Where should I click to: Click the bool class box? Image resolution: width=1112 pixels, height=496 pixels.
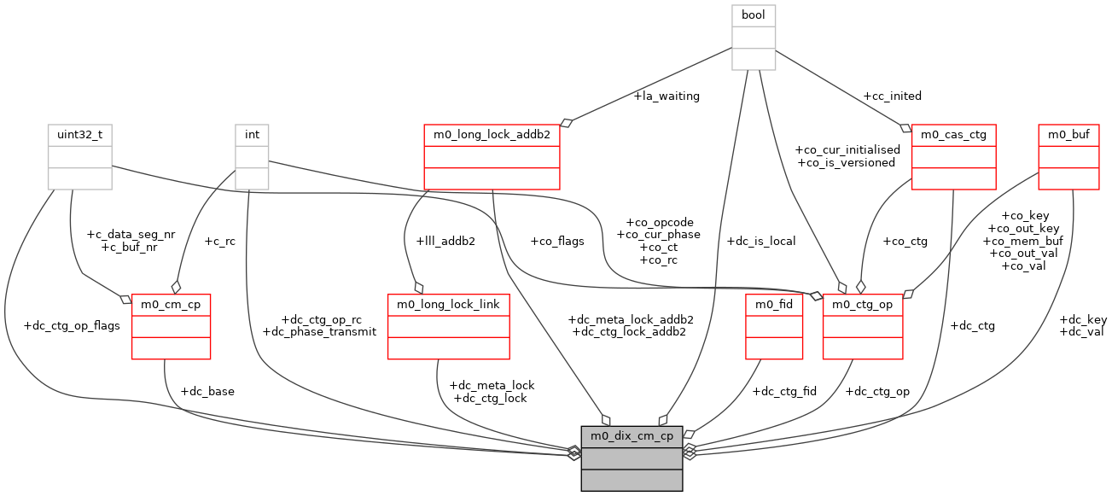[x=754, y=37]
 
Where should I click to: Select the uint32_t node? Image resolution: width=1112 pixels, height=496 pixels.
[x=79, y=157]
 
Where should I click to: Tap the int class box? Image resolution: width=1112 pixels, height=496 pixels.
[x=253, y=157]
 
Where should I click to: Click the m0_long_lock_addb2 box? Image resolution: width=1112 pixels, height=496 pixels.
[x=492, y=157]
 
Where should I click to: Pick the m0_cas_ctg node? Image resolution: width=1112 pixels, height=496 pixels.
[x=953, y=157]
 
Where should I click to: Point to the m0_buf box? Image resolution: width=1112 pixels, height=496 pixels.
[x=1068, y=157]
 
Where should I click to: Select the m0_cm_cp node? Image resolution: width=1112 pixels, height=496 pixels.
[x=171, y=326]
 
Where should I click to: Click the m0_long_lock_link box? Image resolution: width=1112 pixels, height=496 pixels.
[x=448, y=326]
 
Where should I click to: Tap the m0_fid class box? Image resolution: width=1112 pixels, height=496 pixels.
[x=774, y=326]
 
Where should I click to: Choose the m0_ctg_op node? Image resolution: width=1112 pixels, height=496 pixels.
[x=862, y=326]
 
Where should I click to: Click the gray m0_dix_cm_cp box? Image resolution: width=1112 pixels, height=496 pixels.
[x=632, y=458]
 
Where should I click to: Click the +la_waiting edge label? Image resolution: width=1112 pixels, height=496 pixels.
[x=667, y=96]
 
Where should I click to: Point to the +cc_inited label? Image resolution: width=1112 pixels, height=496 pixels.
[x=893, y=96]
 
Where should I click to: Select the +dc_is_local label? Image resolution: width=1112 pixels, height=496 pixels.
[x=760, y=242]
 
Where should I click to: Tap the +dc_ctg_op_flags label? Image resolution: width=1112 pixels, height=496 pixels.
[x=72, y=325]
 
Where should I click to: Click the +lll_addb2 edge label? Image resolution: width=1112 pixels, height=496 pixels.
[x=446, y=242]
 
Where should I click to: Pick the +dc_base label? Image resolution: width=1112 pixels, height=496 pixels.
[x=207, y=392]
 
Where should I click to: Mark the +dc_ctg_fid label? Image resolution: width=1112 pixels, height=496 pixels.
[x=784, y=392]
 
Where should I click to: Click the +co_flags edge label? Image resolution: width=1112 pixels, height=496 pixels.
[x=556, y=242]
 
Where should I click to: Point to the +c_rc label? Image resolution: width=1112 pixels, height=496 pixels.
[x=219, y=242]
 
